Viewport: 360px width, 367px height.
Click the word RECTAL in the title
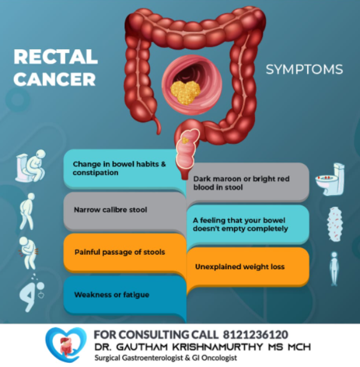55,57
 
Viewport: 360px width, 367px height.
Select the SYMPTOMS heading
304,69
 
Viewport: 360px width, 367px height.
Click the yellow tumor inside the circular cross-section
185,92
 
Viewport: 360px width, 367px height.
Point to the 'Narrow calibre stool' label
110,210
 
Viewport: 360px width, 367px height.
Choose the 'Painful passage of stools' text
119,252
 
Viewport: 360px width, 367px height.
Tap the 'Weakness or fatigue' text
112,295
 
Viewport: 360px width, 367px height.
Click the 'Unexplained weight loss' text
239,266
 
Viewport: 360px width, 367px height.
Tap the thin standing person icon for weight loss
334,268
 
